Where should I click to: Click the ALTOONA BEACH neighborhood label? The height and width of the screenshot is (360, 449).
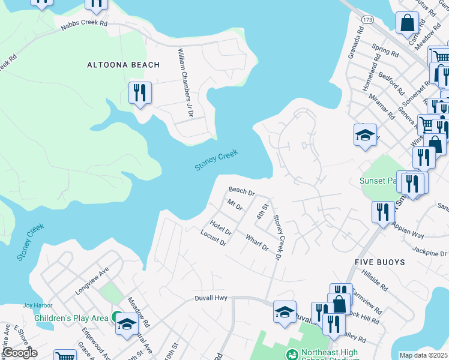tap(123, 65)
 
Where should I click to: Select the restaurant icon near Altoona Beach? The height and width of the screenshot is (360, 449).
tap(140, 94)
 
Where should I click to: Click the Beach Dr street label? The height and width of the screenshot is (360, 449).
tap(242, 191)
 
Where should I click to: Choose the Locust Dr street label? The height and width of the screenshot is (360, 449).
tap(213, 238)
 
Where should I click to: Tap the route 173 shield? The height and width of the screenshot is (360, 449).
tap(367, 20)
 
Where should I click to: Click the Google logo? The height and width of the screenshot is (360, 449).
tap(19, 353)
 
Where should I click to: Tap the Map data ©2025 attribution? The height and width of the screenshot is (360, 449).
tap(424, 355)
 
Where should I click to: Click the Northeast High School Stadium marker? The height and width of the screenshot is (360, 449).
tap(292, 354)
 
